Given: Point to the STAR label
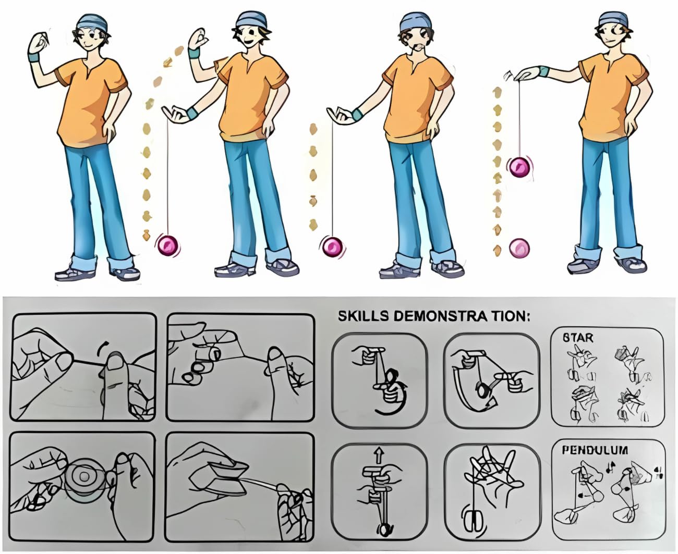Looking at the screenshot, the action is click(578, 338).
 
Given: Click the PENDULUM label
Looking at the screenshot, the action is click(595, 450).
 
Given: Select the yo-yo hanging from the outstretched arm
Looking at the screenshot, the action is click(519, 167).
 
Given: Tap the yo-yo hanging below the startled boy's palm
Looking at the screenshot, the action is click(333, 247).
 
